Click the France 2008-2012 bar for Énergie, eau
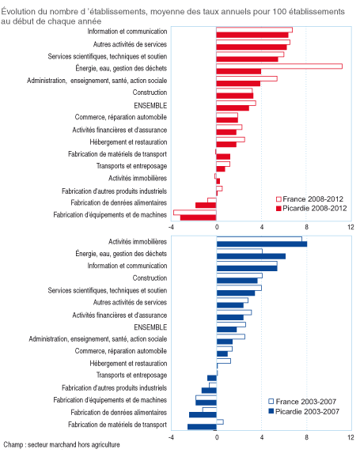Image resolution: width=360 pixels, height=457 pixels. [x=279, y=66]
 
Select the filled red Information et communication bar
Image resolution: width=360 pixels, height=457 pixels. [x=252, y=35]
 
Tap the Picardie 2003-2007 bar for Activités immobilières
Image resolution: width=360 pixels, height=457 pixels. [x=262, y=244]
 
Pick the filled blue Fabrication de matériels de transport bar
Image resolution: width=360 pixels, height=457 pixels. [x=202, y=427]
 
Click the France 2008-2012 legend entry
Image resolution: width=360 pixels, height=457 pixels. [x=309, y=199]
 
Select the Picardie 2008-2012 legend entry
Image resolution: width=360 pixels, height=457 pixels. [x=311, y=209]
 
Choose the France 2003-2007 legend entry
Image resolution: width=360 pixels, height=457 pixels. [x=302, y=402]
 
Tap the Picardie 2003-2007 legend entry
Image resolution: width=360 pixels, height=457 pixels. [x=304, y=411]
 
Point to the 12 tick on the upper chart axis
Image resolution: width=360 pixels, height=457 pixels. [x=351, y=227]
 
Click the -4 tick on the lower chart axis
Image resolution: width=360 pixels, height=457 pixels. [x=171, y=437]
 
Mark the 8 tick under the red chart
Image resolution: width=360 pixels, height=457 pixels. [x=306, y=227]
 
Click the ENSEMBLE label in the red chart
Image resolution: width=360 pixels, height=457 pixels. [x=150, y=105]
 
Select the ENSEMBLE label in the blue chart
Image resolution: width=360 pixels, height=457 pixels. [x=150, y=327]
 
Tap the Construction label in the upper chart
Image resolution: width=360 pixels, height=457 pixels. [x=150, y=93]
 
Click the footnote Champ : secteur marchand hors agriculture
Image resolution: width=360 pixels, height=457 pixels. [x=62, y=445]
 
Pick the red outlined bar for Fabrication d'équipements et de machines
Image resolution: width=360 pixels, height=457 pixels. [x=195, y=213]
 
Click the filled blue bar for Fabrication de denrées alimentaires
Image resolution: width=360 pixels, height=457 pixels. [x=203, y=415]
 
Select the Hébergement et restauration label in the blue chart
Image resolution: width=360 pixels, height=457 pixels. [x=128, y=364]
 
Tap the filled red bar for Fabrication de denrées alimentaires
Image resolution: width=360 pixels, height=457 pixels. [x=206, y=206]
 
